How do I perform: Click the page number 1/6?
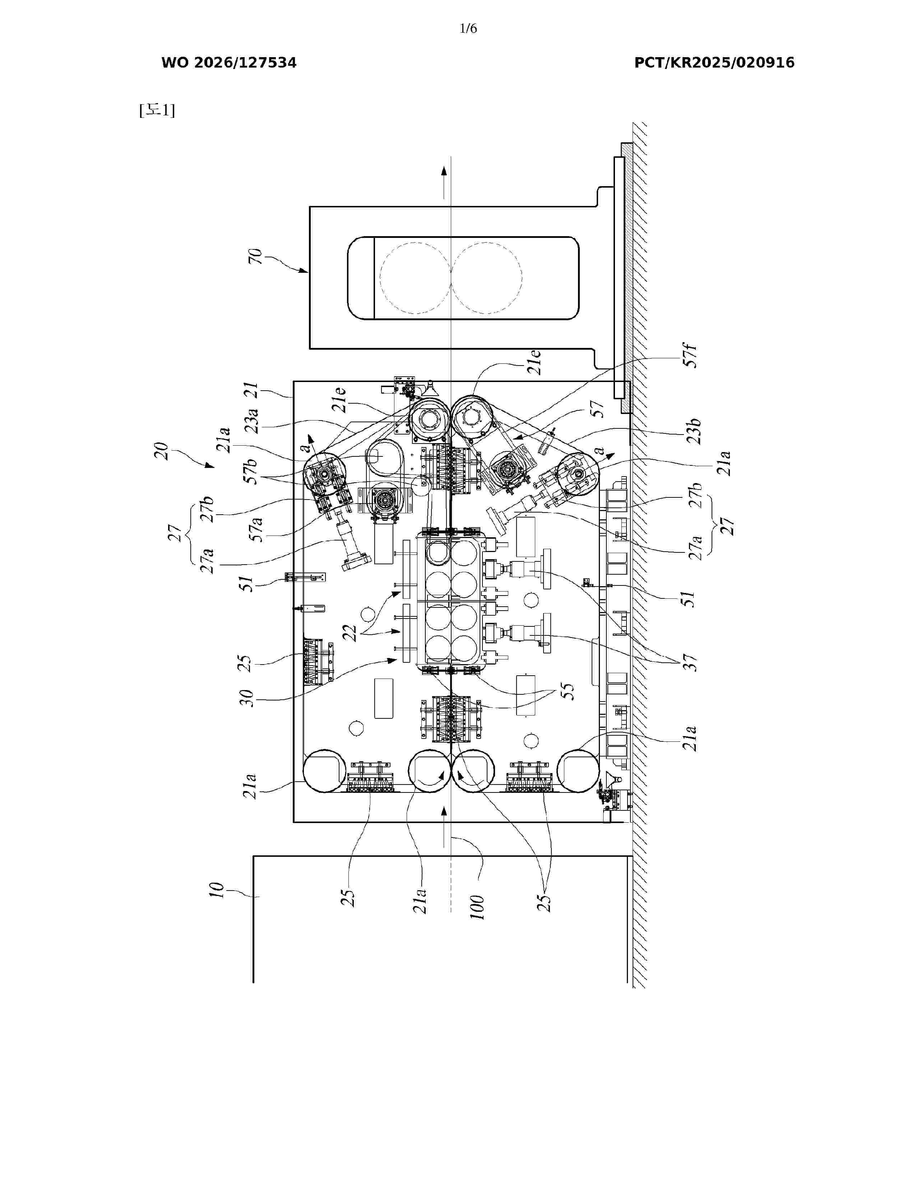coord(468,28)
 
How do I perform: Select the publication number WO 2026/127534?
coord(229,63)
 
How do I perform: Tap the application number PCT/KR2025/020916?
coord(714,63)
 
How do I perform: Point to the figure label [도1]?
coord(157,110)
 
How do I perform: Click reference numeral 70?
coord(255,256)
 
